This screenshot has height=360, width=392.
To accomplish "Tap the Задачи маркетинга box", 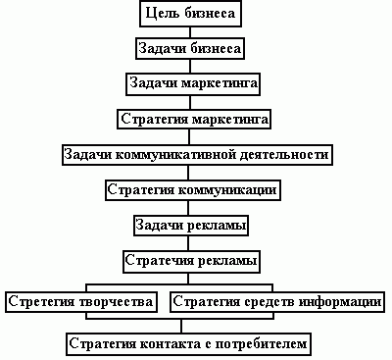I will [x=193, y=83].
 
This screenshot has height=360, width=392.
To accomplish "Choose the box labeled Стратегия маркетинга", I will [x=193, y=120].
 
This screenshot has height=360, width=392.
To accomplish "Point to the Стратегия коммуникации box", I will [x=193, y=189].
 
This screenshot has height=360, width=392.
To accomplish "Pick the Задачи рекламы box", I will [x=190, y=226].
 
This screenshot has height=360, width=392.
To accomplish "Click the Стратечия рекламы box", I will [x=191, y=261].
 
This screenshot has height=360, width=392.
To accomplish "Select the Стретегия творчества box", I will [x=79, y=300].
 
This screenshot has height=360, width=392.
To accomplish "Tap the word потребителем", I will [x=269, y=343].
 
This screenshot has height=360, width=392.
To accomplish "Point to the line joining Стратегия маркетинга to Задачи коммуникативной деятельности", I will [x=193, y=137].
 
